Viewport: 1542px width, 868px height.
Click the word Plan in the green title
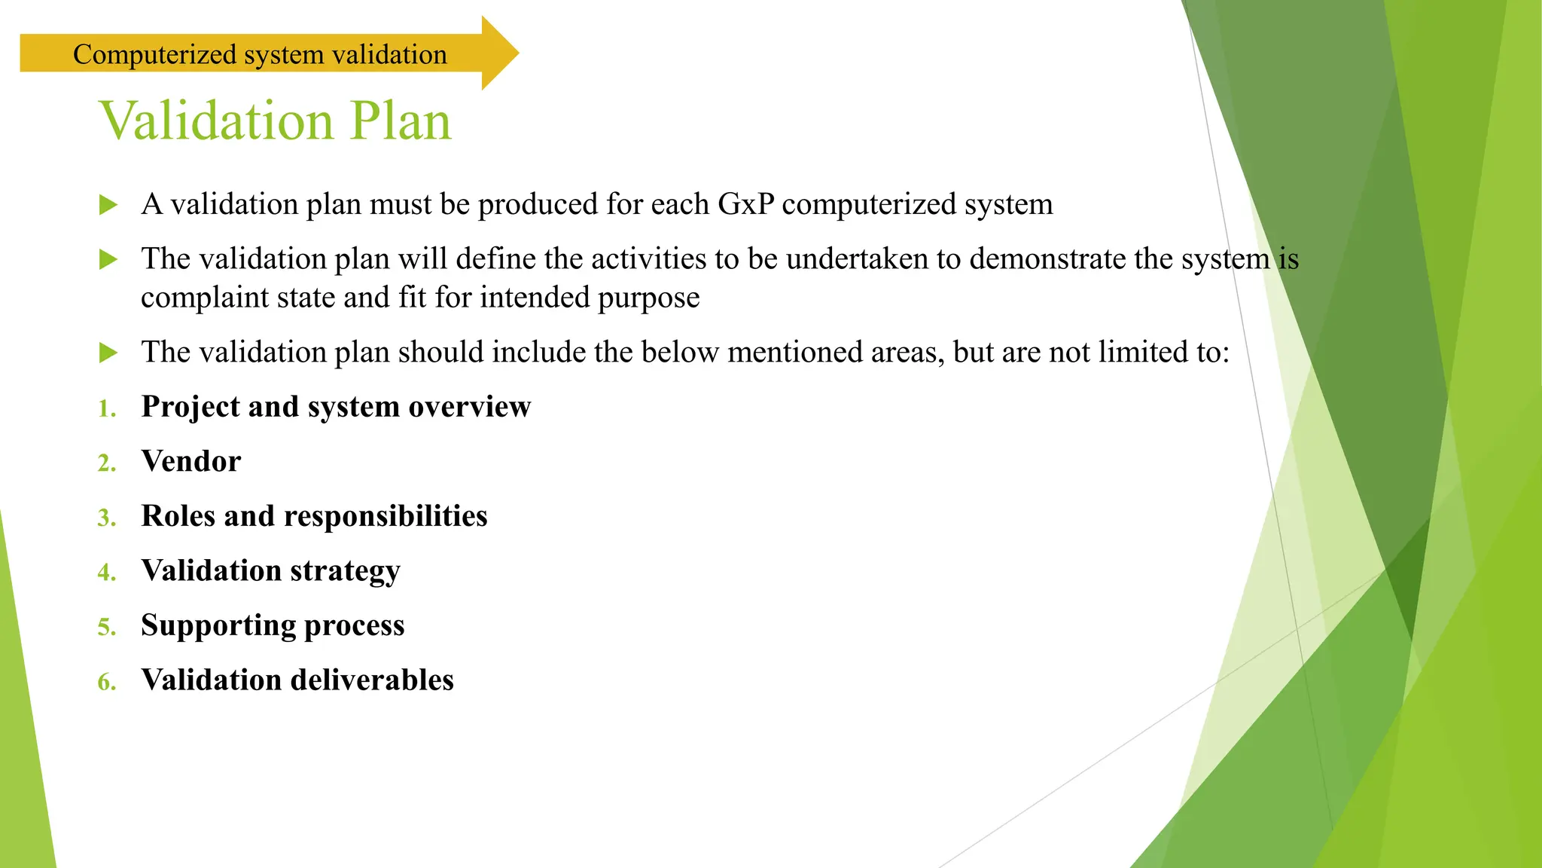(401, 121)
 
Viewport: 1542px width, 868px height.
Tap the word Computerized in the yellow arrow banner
(155, 54)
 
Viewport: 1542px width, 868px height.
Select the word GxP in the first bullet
(745, 204)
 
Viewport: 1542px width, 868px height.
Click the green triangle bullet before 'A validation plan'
(108, 204)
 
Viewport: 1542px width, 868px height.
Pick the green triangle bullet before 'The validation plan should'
(108, 352)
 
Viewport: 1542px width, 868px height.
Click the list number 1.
(107, 408)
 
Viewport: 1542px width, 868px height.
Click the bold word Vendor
(191, 461)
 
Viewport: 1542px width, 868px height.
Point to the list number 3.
(107, 518)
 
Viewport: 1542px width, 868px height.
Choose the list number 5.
(107, 627)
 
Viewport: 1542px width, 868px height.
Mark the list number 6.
(107, 682)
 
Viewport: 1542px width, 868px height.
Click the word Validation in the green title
(217, 121)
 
